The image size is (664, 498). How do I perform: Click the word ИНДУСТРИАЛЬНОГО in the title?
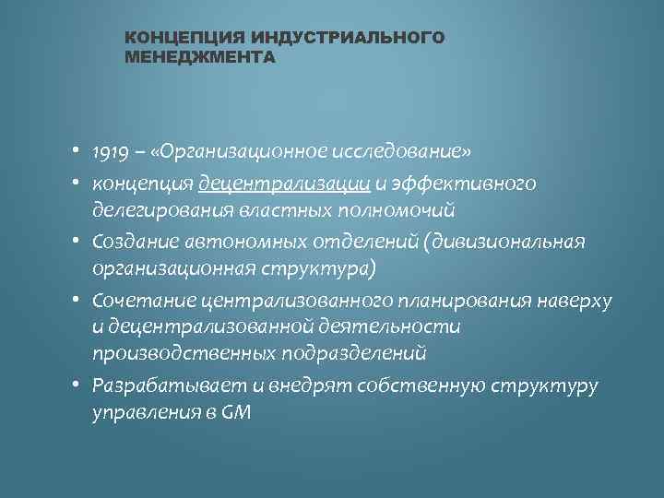pyautogui.click(x=354, y=38)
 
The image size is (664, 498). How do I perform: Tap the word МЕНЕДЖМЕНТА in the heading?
pyautogui.click(x=199, y=57)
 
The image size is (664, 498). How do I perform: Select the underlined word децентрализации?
pyautogui.click(x=284, y=183)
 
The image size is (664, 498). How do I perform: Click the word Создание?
pyautogui.click(x=130, y=242)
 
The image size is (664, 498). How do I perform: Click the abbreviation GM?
pyautogui.click(x=236, y=411)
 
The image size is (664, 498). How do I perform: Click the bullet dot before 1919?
pyautogui.click(x=80, y=151)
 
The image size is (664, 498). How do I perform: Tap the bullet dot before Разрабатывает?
pyautogui.click(x=80, y=385)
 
